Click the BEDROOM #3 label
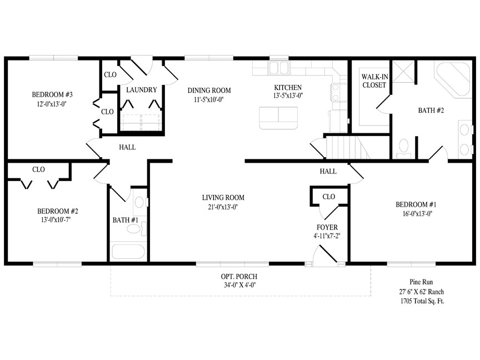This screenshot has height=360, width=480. tap(52, 94)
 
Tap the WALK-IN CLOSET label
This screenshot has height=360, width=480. tap(374, 81)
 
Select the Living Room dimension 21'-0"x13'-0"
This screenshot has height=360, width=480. tap(223, 207)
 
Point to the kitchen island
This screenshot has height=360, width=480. tap(278, 118)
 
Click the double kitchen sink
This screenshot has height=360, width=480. tap(278, 68)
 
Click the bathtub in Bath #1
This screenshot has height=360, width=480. tap(128, 252)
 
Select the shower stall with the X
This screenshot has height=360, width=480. tap(403, 72)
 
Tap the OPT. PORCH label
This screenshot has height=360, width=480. tap(239, 277)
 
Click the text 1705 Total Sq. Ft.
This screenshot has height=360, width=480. tap(422, 301)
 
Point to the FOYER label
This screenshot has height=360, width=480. tap(327, 227)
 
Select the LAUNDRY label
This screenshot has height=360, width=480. tap(142, 89)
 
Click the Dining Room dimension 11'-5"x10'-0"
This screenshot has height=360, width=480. tap(209, 99)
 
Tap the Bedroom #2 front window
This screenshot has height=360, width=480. tap(57, 264)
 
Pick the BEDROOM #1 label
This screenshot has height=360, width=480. tap(416, 204)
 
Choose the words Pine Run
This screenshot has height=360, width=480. tap(421, 282)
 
